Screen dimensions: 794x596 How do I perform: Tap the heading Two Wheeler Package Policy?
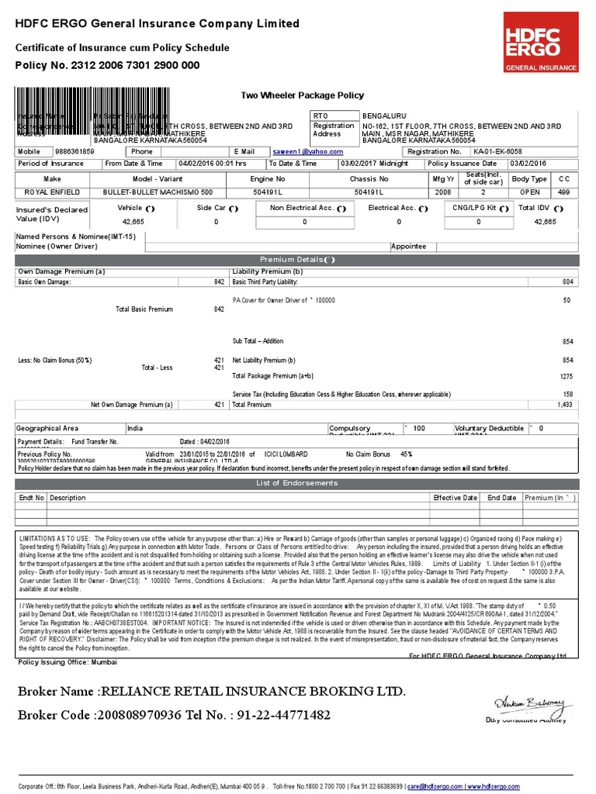[302, 95]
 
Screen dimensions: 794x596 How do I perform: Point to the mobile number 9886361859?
[74, 152]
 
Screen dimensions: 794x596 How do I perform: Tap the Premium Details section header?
[298, 260]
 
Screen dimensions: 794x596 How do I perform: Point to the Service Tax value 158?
[567, 394]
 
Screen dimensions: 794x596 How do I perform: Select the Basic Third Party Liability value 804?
[567, 281]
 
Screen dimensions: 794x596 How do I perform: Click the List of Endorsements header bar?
[298, 484]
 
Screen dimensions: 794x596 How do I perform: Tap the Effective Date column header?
[455, 498]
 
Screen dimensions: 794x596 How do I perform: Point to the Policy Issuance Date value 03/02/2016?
[528, 164]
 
